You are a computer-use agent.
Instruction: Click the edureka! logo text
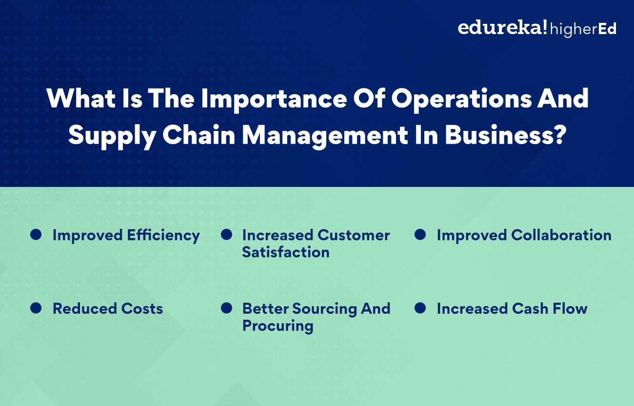(x=502, y=28)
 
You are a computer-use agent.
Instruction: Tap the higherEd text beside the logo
(x=583, y=29)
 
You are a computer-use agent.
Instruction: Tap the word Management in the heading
(x=325, y=135)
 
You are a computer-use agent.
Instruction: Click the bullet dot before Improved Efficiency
(x=36, y=235)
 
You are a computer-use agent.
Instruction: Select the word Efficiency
(x=163, y=236)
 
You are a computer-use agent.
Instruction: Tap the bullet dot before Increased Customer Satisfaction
(x=226, y=235)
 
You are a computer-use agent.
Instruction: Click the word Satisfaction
(x=286, y=252)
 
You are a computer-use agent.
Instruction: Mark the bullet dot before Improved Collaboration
(x=420, y=235)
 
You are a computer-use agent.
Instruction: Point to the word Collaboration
(x=561, y=235)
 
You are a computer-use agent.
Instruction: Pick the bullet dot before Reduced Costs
(x=36, y=308)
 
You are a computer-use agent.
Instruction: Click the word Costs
(x=142, y=309)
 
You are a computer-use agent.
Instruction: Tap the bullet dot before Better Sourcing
(x=226, y=308)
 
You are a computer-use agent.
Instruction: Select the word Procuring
(x=277, y=326)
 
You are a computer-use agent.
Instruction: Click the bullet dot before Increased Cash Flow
(x=420, y=308)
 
